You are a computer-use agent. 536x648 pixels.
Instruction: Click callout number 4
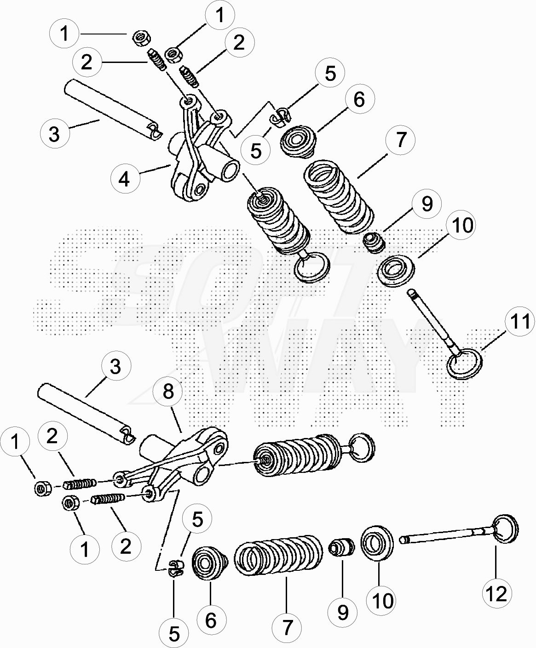125,179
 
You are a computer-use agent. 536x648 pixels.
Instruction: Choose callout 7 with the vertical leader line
287,627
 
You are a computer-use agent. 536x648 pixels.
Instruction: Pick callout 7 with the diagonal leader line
400,140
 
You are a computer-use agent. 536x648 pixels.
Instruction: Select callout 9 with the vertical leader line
342,612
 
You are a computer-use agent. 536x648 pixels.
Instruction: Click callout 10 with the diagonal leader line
461,225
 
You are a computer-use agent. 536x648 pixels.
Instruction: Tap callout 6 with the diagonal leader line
359,100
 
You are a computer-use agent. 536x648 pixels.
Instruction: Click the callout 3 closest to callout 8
115,366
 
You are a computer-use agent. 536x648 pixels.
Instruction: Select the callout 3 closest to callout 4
55,134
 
